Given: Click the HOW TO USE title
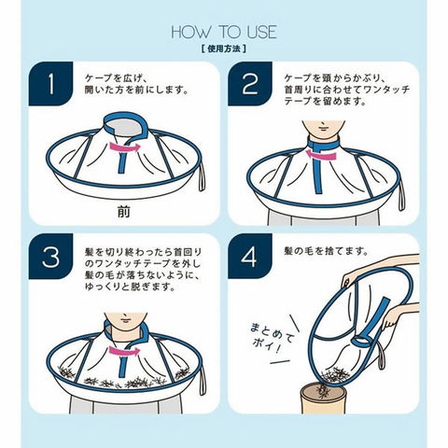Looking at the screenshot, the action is click(x=224, y=32).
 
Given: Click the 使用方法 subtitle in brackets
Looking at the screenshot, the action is click(x=224, y=49).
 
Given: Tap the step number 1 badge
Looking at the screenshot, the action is click(x=50, y=84).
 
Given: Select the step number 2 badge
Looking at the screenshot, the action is click(x=250, y=84).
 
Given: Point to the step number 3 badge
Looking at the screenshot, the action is click(x=50, y=256).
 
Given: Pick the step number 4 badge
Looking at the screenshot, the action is click(x=250, y=256).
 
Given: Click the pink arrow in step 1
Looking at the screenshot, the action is click(x=124, y=147).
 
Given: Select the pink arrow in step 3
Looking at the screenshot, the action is click(x=124, y=351).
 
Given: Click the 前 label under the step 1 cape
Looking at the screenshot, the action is click(x=124, y=212).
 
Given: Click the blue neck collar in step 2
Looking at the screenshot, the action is click(x=323, y=145).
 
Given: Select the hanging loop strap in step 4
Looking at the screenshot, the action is click(x=381, y=357).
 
